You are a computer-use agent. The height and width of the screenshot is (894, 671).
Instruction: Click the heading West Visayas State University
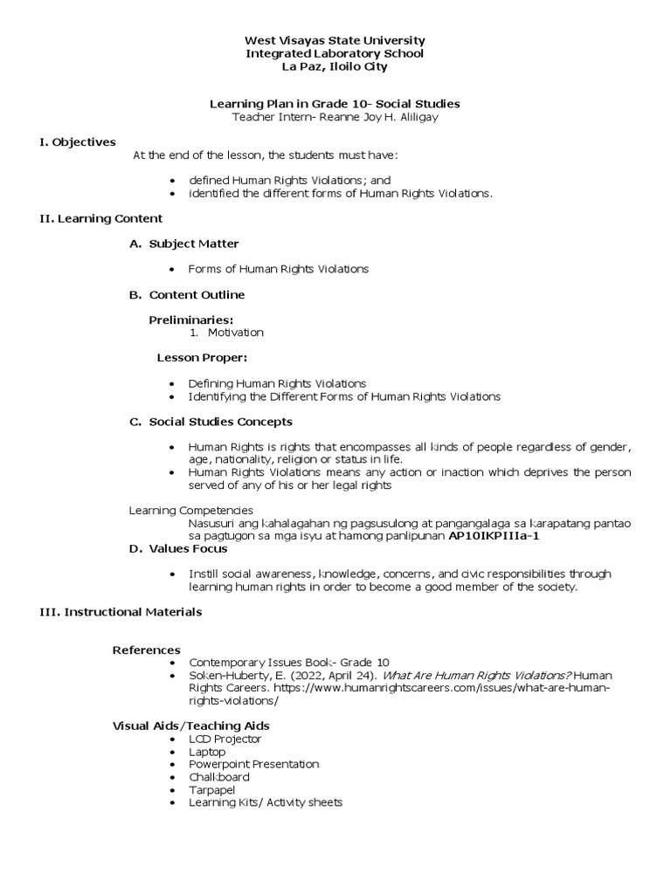coord(335,40)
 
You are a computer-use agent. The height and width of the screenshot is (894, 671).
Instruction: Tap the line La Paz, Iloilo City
coord(335,66)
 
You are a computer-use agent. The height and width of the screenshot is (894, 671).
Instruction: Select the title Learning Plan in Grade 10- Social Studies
coord(335,104)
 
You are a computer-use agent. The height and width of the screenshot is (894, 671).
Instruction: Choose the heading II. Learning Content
coord(100,218)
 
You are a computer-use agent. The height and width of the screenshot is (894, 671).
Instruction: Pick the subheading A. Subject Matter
coord(184,244)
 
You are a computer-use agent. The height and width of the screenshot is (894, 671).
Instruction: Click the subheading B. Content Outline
coord(187,294)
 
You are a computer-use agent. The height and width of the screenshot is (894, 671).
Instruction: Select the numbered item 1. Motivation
coord(226,333)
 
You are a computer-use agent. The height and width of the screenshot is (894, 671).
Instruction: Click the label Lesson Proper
coord(202,358)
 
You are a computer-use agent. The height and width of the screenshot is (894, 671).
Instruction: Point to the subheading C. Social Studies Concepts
coord(211,422)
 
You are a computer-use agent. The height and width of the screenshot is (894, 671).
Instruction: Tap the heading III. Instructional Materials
coord(121,612)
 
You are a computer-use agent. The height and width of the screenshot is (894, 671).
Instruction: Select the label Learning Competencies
coord(191,510)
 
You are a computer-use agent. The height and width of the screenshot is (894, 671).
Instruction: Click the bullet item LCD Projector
coord(225,739)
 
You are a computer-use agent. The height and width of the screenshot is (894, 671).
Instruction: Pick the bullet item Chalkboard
coord(218,777)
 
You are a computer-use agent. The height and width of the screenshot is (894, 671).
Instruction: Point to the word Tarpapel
coord(213,789)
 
